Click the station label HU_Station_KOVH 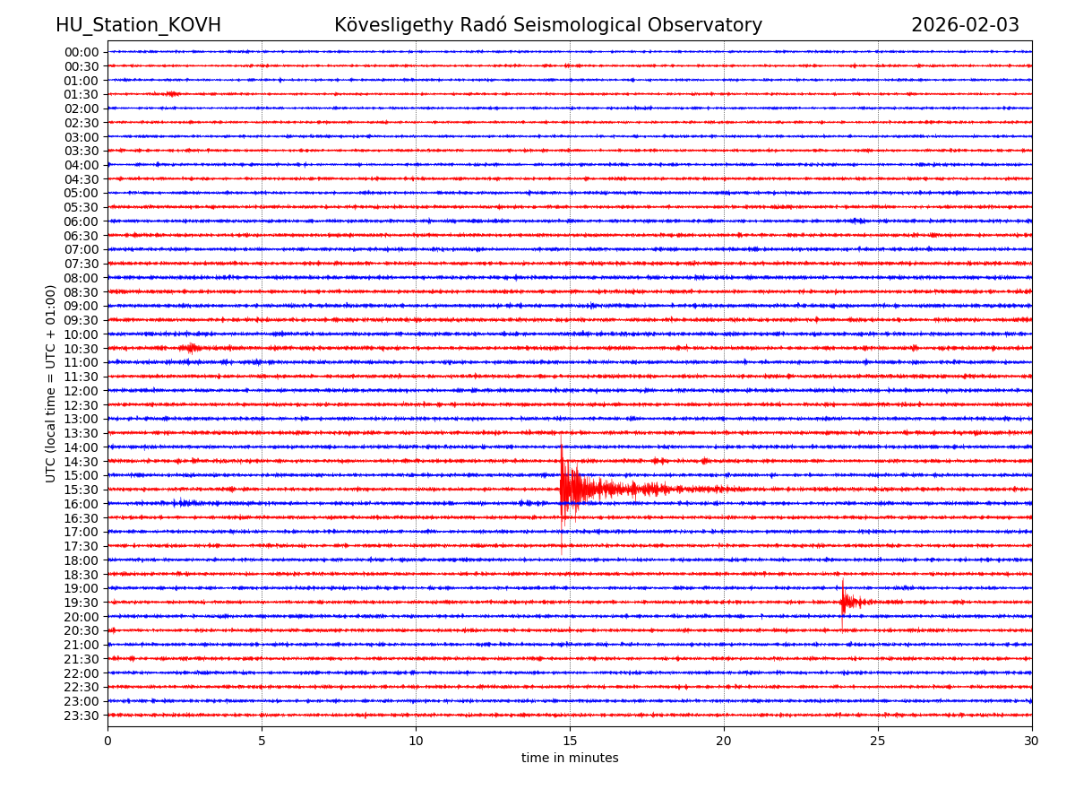point(138,25)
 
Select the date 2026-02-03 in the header point(965,25)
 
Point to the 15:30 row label point(81,490)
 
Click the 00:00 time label point(81,52)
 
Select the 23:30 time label point(81,716)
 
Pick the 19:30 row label point(81,603)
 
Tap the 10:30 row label point(81,349)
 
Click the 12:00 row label point(81,391)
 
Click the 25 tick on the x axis point(878,741)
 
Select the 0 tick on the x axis point(107,741)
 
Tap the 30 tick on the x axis point(1032,741)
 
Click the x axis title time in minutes point(570,758)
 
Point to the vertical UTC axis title point(51,384)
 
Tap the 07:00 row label point(81,249)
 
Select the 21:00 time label point(81,645)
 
